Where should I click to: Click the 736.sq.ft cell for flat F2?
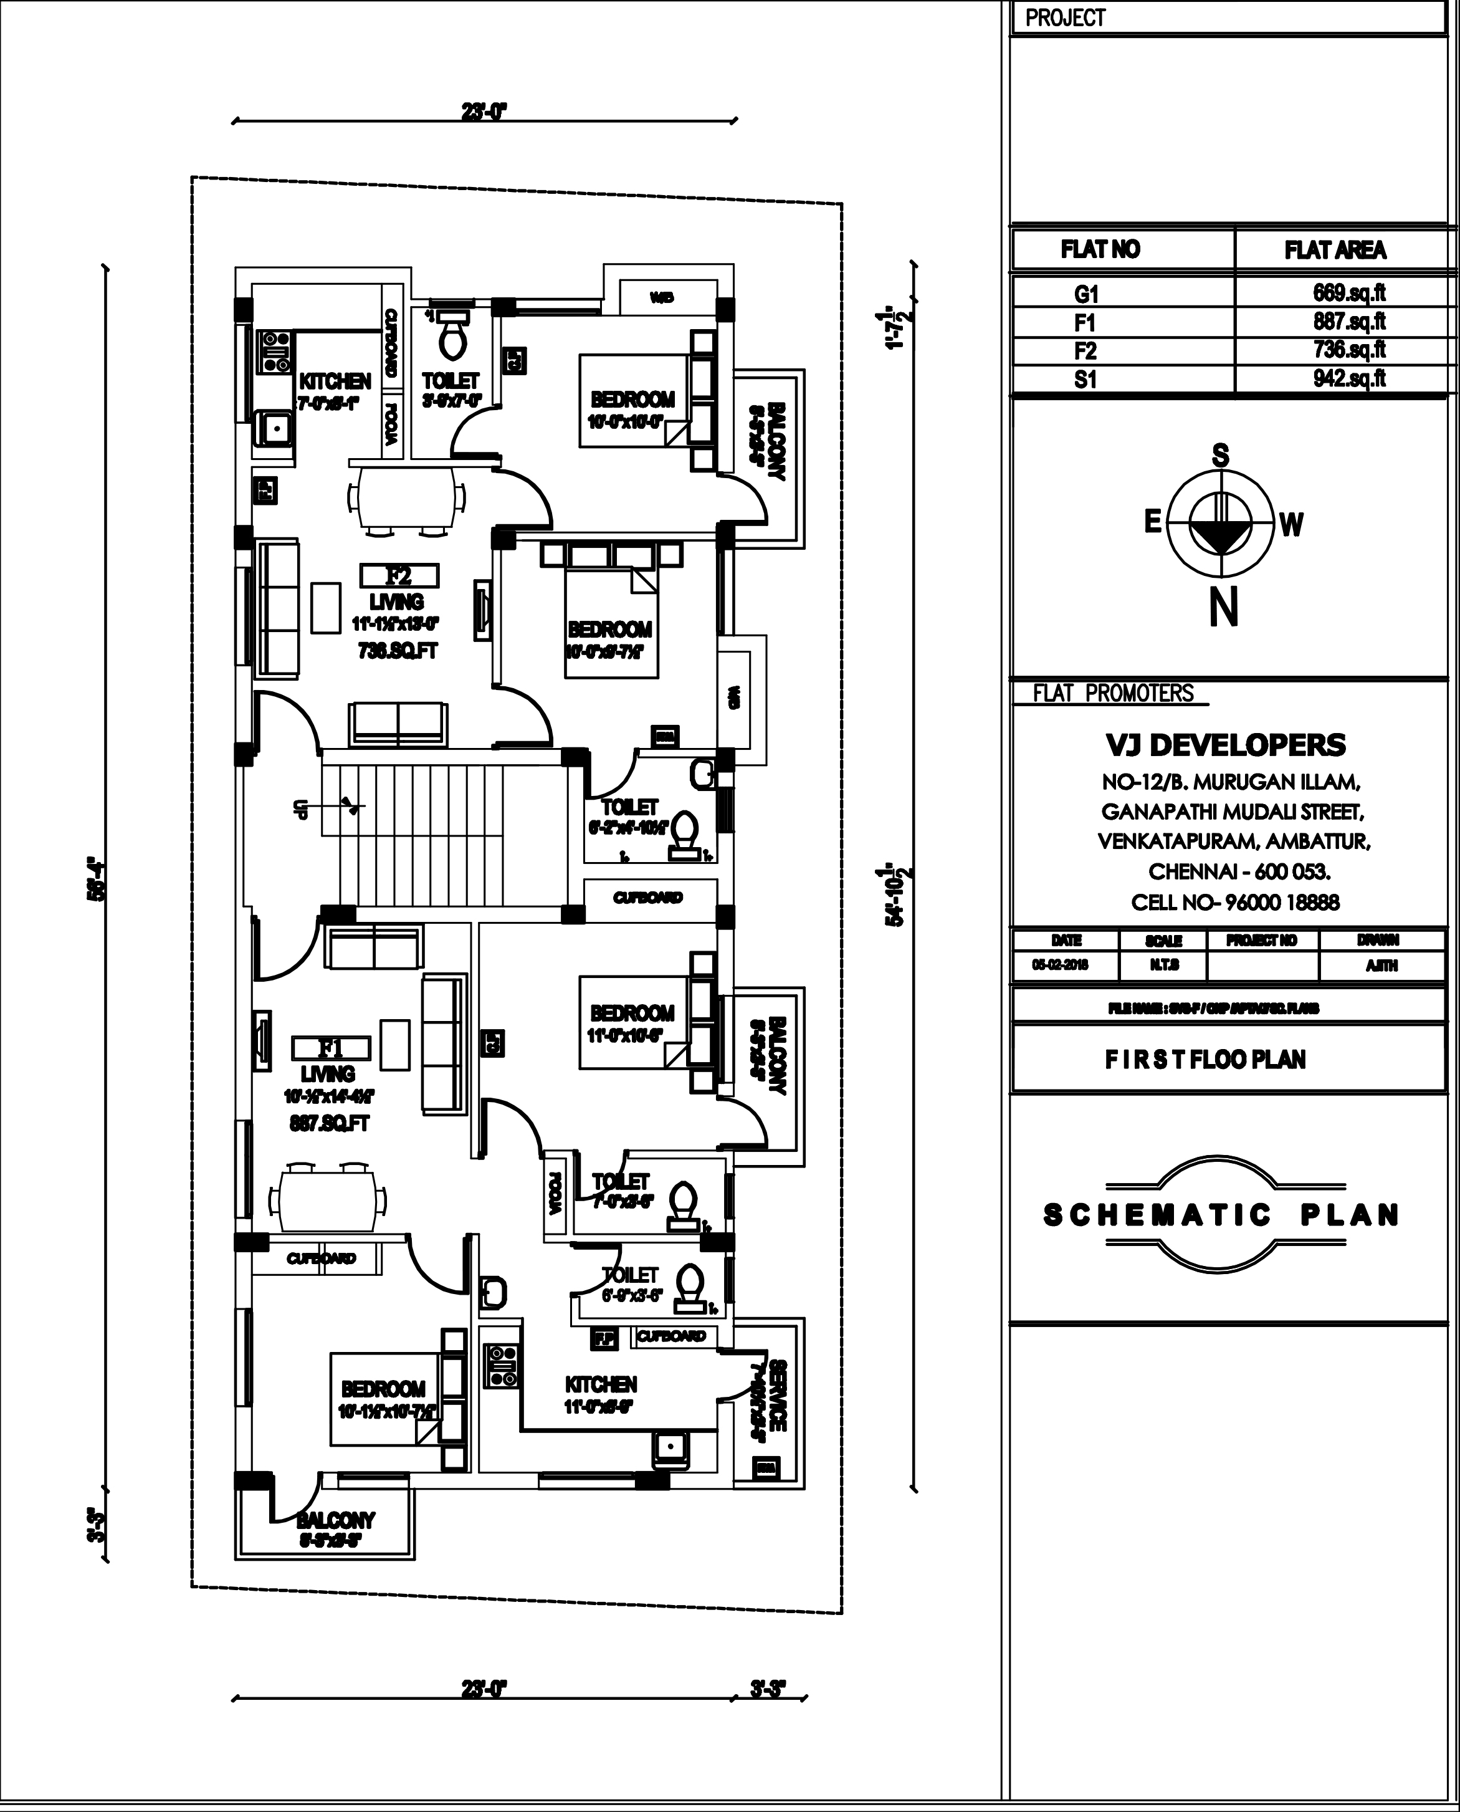1349,350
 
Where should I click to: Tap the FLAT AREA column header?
1335,251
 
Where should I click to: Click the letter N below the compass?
1224,606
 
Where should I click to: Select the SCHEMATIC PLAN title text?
1221,1215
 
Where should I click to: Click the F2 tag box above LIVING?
399,576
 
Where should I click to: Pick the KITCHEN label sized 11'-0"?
601,1384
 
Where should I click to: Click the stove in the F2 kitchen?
274,352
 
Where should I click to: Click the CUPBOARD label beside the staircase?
647,898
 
